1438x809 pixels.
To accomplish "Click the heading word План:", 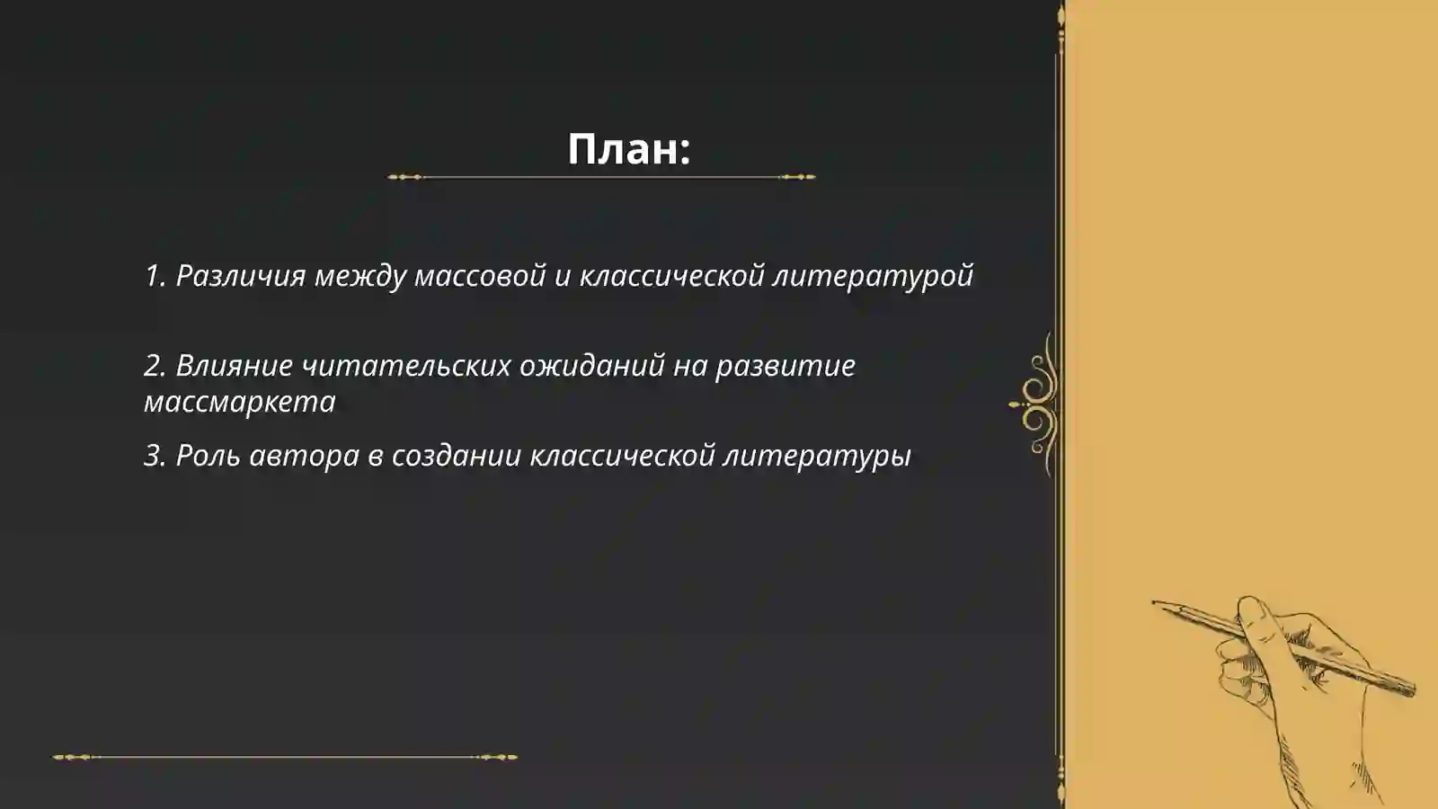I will click(x=628, y=149).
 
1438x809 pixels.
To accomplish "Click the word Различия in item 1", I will click(x=241, y=276).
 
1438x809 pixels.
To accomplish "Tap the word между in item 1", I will click(x=359, y=276).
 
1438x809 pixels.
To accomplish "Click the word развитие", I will click(x=786, y=366).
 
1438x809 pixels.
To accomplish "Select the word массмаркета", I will click(x=239, y=402).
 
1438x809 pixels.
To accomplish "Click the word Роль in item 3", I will click(x=208, y=456).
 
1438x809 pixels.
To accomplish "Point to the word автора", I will click(x=304, y=456).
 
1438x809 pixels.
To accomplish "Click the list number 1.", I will click(x=154, y=276).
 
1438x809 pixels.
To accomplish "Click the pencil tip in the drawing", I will click(x=1155, y=602).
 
